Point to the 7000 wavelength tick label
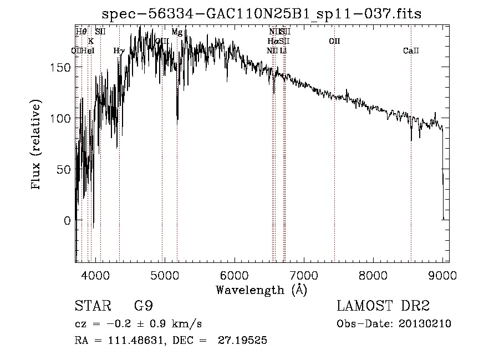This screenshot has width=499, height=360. (x=303, y=275)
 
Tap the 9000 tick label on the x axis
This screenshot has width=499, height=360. (x=442, y=275)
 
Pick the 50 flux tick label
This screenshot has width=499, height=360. (x=64, y=169)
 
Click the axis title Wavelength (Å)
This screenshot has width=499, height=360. (x=261, y=289)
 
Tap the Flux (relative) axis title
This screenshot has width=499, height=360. (x=37, y=145)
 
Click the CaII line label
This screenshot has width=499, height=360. (x=411, y=51)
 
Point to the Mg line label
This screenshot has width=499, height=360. (x=177, y=32)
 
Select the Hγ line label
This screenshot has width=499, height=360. (x=119, y=51)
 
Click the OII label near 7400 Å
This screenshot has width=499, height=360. (x=334, y=41)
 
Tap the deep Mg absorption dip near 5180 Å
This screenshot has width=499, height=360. (x=177, y=117)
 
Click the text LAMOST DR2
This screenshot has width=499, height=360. (x=383, y=306)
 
